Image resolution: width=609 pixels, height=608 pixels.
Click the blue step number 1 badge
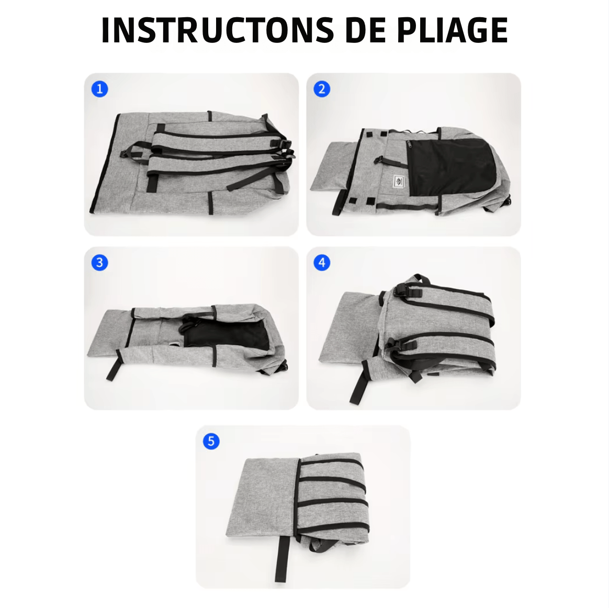(x=99, y=89)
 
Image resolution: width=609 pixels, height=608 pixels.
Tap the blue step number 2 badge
(x=322, y=89)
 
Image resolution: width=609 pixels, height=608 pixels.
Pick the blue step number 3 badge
(x=99, y=263)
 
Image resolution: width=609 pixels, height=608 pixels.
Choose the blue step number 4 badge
(x=322, y=263)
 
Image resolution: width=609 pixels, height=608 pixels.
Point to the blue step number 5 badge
(x=211, y=441)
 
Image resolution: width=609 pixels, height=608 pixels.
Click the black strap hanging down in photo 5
(x=283, y=558)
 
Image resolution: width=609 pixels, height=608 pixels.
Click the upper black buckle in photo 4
(x=406, y=290)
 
